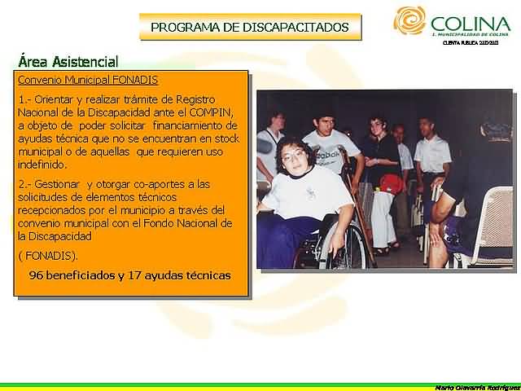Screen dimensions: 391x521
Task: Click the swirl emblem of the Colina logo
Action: coord(409,20)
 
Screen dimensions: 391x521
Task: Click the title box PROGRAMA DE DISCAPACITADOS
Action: coord(249,27)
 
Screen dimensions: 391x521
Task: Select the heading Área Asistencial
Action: coord(68,62)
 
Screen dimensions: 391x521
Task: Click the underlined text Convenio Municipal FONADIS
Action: coord(88,80)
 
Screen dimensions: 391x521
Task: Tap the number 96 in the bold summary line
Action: coord(37,275)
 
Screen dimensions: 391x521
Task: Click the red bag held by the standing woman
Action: coord(391,183)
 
